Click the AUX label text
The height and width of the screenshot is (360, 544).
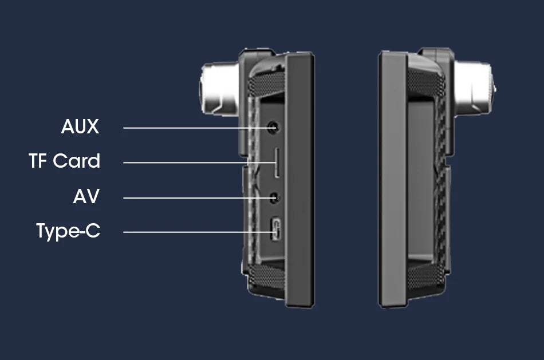click(x=80, y=126)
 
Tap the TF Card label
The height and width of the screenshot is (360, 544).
click(x=65, y=161)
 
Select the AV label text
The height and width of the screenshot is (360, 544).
click(x=86, y=196)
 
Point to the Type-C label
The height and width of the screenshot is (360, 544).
click(x=68, y=231)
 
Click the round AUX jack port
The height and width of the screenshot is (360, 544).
click(x=273, y=127)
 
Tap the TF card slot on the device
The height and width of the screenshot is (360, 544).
click(x=277, y=163)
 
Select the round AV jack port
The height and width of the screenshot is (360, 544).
click(x=274, y=198)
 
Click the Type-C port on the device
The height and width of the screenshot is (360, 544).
click(x=276, y=229)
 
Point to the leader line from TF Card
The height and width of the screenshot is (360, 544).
click(x=199, y=163)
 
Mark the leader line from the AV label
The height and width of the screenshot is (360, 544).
click(x=199, y=198)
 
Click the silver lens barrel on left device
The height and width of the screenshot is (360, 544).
click(x=219, y=88)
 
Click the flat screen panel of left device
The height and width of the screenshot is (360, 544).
click(x=299, y=180)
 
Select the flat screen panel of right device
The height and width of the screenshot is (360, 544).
click(x=393, y=180)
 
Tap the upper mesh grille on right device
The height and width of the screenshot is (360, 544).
click(x=426, y=83)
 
